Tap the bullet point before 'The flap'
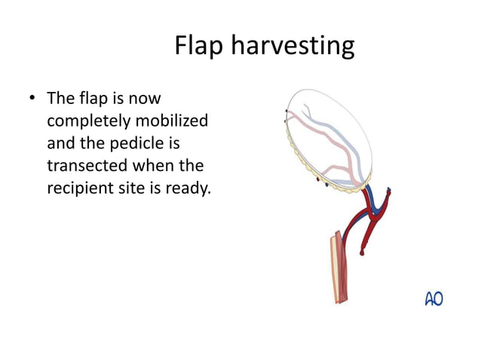point(32,99)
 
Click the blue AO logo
point(434,299)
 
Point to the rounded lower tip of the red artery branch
point(363,254)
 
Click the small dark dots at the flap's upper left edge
point(286,114)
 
